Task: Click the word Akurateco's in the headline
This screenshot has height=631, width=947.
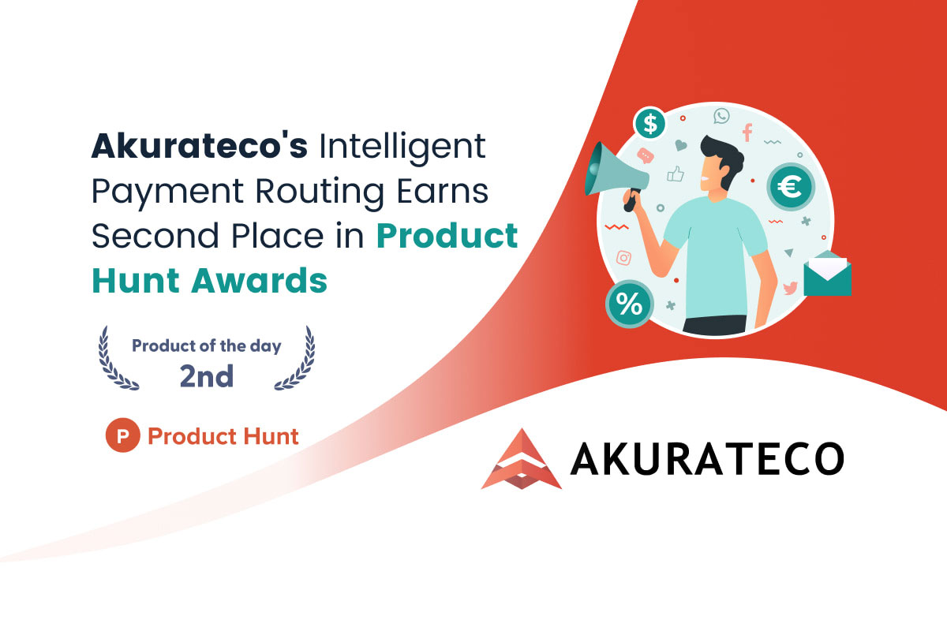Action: (200, 146)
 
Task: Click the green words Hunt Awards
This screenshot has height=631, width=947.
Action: (210, 281)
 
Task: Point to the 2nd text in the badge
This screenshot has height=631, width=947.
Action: (206, 375)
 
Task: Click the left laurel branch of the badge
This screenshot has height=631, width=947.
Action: (116, 358)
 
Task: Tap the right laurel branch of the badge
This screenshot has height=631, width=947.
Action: (297, 358)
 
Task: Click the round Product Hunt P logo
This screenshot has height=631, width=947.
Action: (122, 435)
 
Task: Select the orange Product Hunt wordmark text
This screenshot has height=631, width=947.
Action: (223, 436)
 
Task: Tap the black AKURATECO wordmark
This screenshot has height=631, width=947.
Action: (707, 459)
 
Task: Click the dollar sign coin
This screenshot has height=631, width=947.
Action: (649, 123)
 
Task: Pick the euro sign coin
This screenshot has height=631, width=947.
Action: (791, 186)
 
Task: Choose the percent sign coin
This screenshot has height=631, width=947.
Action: (630, 304)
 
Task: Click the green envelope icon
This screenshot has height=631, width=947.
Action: (827, 273)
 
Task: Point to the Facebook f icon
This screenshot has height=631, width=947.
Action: (747, 133)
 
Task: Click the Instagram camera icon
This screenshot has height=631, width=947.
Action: (623, 258)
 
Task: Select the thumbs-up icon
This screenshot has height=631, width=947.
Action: (676, 174)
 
